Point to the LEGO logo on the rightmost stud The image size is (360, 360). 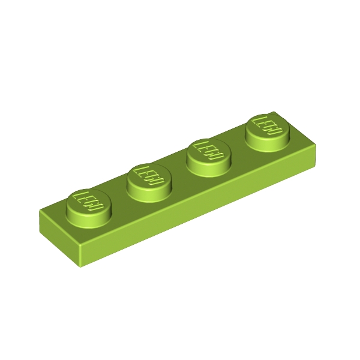pyautogui.click(x=267, y=125)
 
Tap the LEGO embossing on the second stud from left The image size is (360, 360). pyautogui.click(x=149, y=176)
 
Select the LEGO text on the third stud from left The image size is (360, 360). pyautogui.click(x=208, y=151)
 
